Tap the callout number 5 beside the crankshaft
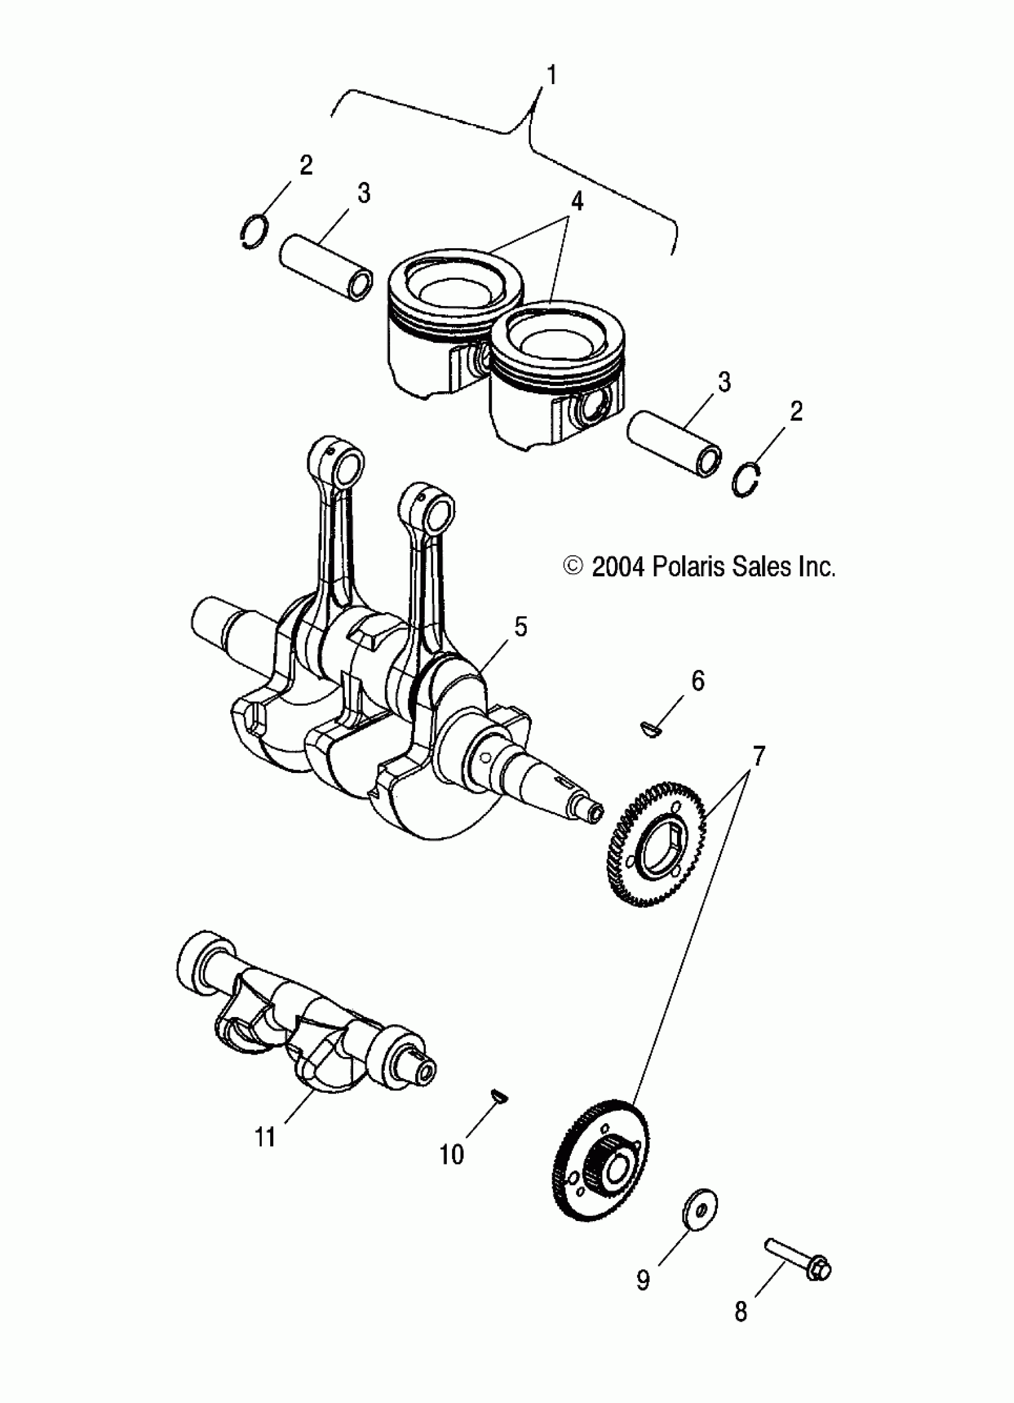[520, 627]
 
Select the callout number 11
[265, 1137]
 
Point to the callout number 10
[452, 1154]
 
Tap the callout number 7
[759, 755]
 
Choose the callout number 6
[697, 681]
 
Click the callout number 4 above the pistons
[577, 202]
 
